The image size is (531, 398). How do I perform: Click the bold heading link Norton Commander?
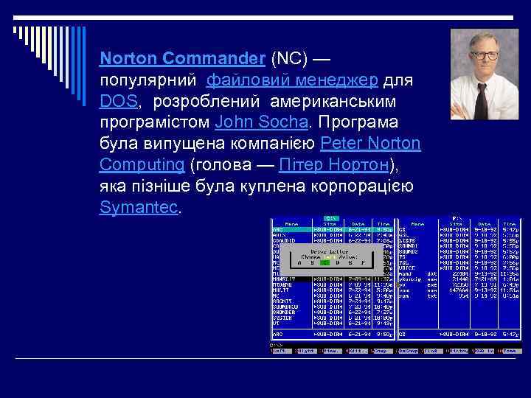(x=182, y=57)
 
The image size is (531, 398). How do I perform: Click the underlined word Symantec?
(x=139, y=207)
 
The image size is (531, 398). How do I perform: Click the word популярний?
(x=148, y=79)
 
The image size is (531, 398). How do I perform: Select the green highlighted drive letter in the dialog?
(x=320, y=261)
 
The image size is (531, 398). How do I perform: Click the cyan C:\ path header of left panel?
(x=332, y=218)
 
